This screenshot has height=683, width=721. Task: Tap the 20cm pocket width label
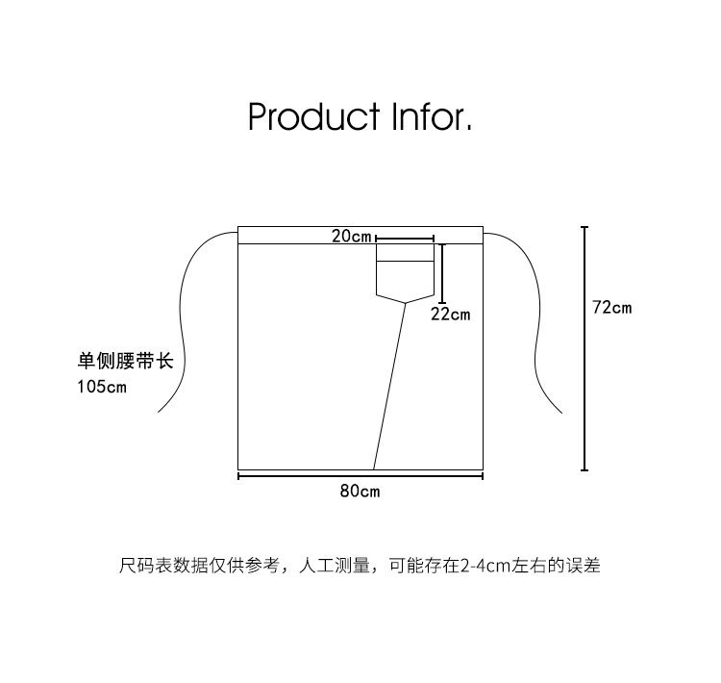pyautogui.click(x=352, y=236)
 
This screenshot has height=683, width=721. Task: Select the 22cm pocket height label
pyautogui.click(x=450, y=315)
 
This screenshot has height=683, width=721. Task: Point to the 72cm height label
pyautogui.click(x=611, y=308)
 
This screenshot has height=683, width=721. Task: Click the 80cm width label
pyautogui.click(x=360, y=491)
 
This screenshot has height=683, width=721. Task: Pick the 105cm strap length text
pyautogui.click(x=102, y=387)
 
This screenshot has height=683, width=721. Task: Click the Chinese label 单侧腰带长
pyautogui.click(x=125, y=362)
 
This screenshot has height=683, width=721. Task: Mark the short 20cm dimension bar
pyautogui.click(x=405, y=238)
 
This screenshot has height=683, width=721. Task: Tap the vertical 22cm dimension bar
pyautogui.click(x=443, y=274)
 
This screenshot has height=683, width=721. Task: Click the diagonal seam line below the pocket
pyautogui.click(x=389, y=385)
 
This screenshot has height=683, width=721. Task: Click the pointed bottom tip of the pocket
pyautogui.click(x=405, y=302)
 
